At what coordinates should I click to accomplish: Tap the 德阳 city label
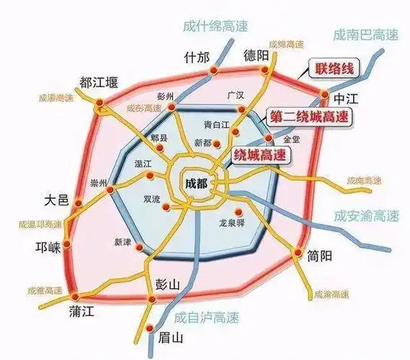click(257, 55)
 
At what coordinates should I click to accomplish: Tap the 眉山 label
click(171, 337)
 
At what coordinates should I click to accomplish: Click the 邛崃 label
click(48, 245)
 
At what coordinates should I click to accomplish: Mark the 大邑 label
click(56, 199)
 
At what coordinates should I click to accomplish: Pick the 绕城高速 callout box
click(259, 154)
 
